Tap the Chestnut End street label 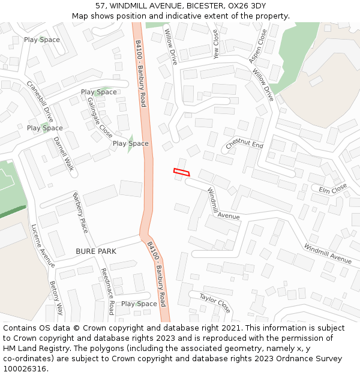(x=245, y=145)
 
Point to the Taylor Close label (x=215, y=303)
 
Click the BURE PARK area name (x=96, y=251)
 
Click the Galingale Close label (x=100, y=117)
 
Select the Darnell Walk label (x=63, y=154)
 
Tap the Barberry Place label (x=80, y=212)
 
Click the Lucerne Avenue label (x=43, y=245)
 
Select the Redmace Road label (x=107, y=291)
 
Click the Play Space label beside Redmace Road (x=139, y=304)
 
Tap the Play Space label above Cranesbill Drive (x=42, y=40)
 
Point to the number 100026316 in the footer (x=25, y=368)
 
